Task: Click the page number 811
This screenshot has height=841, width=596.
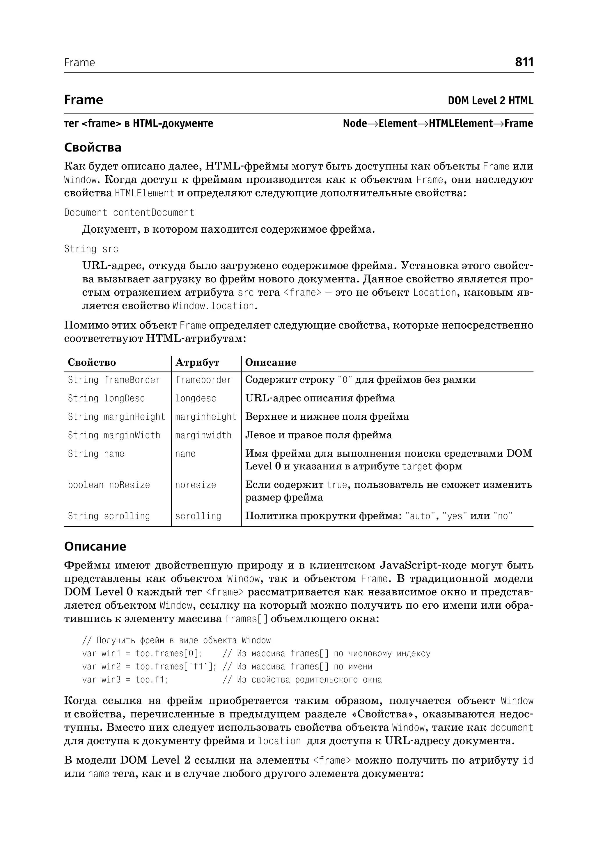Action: [524, 62]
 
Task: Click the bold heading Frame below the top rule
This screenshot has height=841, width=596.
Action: [84, 100]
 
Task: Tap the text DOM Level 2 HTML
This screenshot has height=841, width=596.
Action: [490, 101]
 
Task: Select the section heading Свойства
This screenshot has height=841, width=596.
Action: [93, 147]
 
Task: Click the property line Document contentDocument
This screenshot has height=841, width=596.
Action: [129, 213]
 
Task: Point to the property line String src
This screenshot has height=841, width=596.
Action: [91, 249]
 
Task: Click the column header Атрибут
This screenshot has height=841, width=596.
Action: [197, 363]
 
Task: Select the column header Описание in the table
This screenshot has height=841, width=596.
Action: [270, 363]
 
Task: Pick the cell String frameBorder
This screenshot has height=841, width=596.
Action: [114, 380]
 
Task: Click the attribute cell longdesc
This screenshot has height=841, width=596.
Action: [196, 398]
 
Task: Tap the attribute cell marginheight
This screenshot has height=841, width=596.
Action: [205, 417]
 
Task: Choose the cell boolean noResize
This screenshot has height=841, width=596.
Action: [109, 485]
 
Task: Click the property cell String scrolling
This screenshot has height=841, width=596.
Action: [109, 516]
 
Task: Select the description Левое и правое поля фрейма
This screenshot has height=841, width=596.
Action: [318, 435]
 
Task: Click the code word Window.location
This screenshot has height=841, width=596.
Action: [213, 306]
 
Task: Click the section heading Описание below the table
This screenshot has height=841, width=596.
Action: [95, 546]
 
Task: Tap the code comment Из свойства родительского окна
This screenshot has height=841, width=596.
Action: [309, 680]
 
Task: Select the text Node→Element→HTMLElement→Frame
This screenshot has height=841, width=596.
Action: [437, 124]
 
